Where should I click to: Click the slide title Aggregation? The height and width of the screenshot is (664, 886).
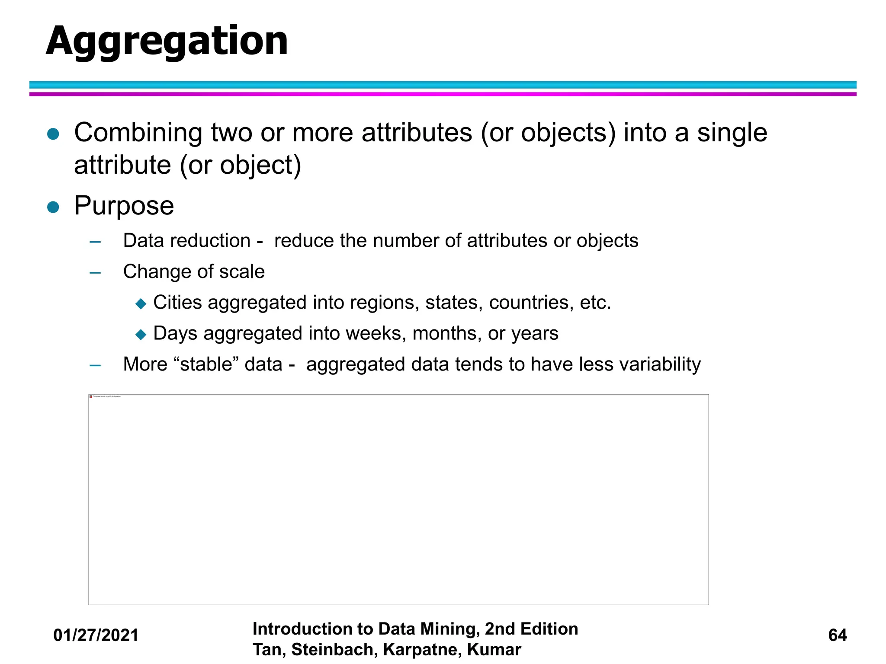click(x=167, y=41)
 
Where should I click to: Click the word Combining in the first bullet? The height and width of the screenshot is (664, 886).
click(x=138, y=132)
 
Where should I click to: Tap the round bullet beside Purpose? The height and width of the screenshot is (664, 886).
click(x=53, y=207)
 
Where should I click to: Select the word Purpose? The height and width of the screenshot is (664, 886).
click(x=124, y=206)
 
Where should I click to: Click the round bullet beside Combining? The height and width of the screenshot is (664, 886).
click(x=53, y=134)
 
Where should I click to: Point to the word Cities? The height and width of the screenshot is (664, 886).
click(x=177, y=302)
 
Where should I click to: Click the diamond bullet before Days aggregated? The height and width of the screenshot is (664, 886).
click(x=141, y=335)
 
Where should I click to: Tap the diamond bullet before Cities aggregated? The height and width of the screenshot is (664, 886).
click(x=141, y=303)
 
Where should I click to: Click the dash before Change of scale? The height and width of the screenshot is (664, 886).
click(x=95, y=273)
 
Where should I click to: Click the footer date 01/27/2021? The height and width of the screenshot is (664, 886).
click(x=96, y=635)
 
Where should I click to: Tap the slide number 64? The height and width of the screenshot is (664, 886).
click(x=837, y=635)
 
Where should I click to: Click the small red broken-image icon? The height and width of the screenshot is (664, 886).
click(x=91, y=396)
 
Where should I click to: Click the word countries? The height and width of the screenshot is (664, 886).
click(x=529, y=302)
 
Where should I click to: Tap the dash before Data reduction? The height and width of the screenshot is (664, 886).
click(x=95, y=242)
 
